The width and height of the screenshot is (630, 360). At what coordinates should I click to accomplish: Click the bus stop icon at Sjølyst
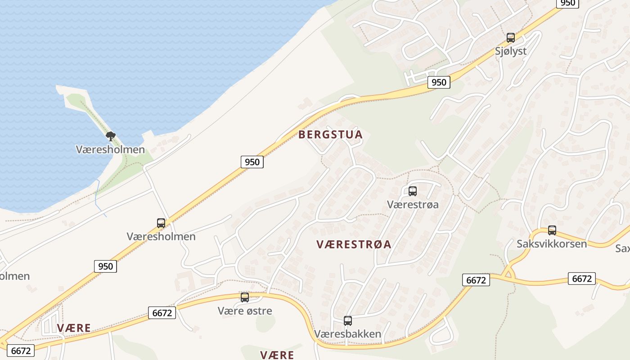click(x=510, y=38)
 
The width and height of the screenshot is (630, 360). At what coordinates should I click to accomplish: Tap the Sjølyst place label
click(x=510, y=51)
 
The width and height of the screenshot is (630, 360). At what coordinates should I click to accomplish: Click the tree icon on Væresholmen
click(x=110, y=136)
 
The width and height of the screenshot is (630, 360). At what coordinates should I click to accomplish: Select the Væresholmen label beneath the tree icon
click(x=110, y=149)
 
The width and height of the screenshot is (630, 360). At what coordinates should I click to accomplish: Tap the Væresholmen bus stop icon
click(x=161, y=223)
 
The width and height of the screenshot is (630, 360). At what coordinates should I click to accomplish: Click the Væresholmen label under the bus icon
click(x=161, y=236)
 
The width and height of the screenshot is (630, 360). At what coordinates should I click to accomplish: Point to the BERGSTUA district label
click(x=330, y=135)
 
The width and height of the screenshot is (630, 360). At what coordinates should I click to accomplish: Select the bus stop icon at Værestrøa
click(x=412, y=191)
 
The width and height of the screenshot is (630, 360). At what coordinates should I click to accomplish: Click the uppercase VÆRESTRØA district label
click(x=354, y=244)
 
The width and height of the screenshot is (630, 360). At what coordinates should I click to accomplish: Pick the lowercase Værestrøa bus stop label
click(x=412, y=204)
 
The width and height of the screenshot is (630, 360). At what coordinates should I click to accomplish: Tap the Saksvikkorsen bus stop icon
click(x=552, y=230)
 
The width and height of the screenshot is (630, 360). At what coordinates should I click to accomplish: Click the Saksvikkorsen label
click(x=552, y=244)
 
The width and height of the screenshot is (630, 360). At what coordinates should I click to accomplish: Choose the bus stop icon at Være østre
click(x=244, y=297)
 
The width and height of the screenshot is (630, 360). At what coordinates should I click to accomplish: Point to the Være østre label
click(x=244, y=310)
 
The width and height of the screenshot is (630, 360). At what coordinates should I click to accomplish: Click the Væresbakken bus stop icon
click(x=347, y=321)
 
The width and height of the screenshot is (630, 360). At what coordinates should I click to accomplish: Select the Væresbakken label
click(x=347, y=334)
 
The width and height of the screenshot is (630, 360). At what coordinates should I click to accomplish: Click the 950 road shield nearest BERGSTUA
click(x=252, y=162)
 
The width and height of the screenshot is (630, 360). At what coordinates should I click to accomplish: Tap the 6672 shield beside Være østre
click(x=162, y=313)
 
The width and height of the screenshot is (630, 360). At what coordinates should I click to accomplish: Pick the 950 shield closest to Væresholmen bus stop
click(x=106, y=266)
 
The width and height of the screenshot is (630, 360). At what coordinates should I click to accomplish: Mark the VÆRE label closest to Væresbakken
click(x=277, y=355)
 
